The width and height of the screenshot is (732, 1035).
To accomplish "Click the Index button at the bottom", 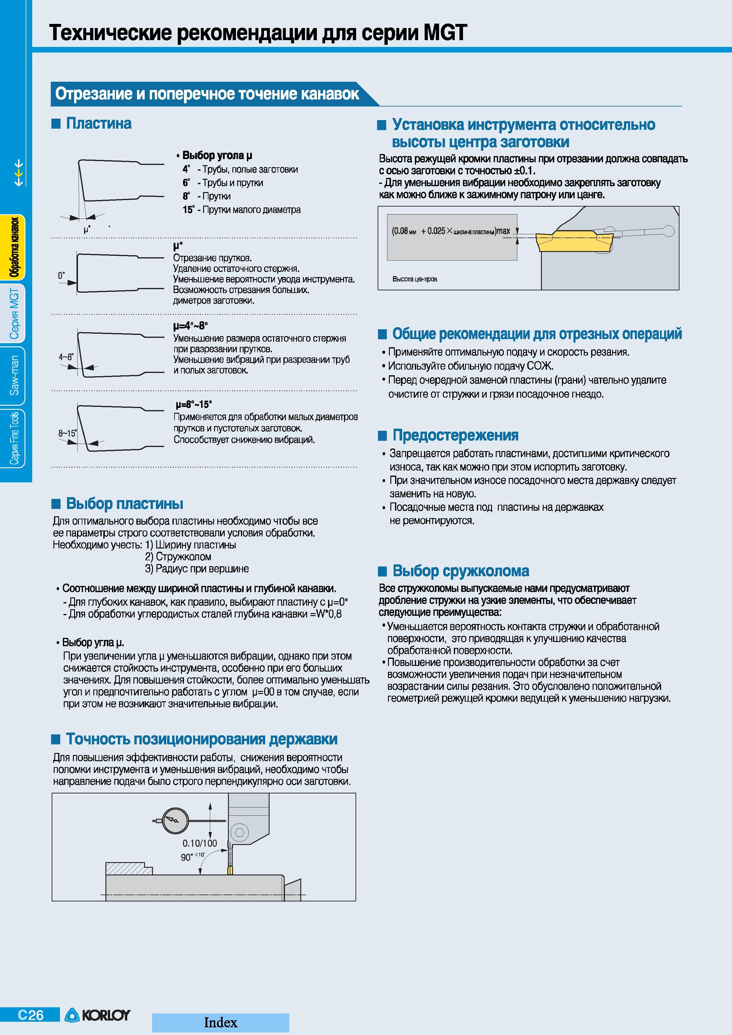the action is pyautogui.click(x=221, y=1022).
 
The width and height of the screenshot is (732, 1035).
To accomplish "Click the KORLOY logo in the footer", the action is pyautogui.click(x=97, y=1015).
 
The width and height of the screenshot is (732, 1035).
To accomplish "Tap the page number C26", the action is pyautogui.click(x=31, y=1015).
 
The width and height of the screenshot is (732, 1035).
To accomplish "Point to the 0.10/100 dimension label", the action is pyautogui.click(x=200, y=843).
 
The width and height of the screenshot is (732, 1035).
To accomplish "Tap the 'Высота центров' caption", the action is pyautogui.click(x=415, y=279).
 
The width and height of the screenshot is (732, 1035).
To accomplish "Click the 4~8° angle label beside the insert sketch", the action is pyautogui.click(x=66, y=357).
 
